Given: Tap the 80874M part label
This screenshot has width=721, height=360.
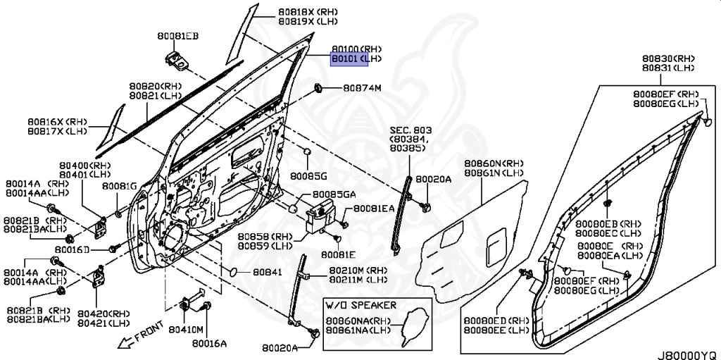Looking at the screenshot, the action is click(x=362, y=88).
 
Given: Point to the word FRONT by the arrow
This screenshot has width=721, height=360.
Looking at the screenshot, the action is click(x=149, y=332).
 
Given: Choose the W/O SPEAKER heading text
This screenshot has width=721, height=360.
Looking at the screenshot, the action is click(x=361, y=305).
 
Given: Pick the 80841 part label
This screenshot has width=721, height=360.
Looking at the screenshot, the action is click(x=267, y=272).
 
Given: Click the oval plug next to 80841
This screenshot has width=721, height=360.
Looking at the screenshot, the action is click(x=233, y=272).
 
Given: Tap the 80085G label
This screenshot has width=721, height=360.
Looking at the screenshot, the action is click(x=308, y=175).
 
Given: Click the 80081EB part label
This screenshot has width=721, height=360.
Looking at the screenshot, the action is click(x=178, y=36).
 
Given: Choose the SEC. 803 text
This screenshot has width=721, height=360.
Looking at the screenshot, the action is click(x=411, y=130).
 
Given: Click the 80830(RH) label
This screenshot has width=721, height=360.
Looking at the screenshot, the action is click(x=668, y=58).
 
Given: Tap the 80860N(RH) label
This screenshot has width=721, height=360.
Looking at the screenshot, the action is click(x=494, y=163).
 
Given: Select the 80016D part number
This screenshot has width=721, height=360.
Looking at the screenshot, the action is click(x=73, y=249).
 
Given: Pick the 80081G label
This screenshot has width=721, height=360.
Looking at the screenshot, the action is click(x=120, y=186).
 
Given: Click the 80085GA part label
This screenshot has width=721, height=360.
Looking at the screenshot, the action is click(x=334, y=194).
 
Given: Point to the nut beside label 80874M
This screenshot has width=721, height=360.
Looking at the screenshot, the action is click(x=318, y=87).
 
